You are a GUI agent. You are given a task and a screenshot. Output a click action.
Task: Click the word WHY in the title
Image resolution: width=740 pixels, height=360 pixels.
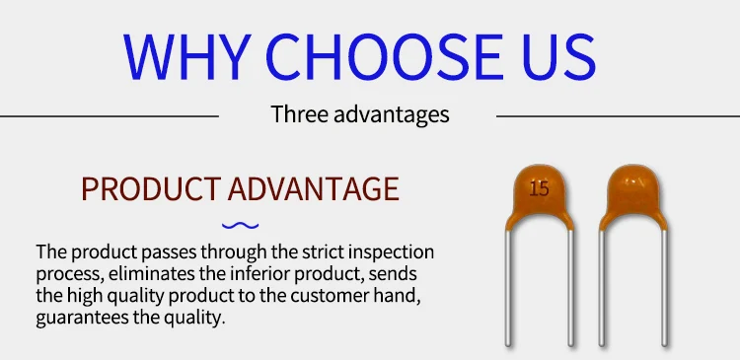click(x=186, y=56)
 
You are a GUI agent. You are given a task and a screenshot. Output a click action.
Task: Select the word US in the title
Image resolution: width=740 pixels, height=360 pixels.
click(x=559, y=57)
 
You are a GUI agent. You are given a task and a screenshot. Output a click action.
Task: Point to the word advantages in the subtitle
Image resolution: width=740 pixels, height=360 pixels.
click(x=392, y=115)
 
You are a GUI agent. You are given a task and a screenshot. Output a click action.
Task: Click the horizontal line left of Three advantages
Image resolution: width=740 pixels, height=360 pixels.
click(x=110, y=116)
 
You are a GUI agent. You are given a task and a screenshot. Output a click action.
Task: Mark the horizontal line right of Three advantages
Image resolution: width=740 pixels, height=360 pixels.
click(x=619, y=116)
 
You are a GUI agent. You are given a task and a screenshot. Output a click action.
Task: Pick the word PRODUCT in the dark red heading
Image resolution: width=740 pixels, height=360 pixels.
click(x=151, y=188)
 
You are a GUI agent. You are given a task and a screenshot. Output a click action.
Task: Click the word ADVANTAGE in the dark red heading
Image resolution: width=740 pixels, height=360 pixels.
click(x=314, y=188)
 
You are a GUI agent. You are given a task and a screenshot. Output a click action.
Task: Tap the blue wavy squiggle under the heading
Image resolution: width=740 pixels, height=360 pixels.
click(x=240, y=226)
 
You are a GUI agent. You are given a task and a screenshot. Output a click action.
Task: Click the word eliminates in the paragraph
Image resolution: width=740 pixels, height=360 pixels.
click(x=154, y=273)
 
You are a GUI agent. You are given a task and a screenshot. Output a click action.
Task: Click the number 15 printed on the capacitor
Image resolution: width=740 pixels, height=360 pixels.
click(x=539, y=189)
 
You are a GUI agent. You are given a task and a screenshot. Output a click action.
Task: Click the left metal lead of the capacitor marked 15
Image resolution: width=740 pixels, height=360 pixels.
click(x=508, y=287)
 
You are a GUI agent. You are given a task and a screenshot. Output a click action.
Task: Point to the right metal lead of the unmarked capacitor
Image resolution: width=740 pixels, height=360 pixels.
click(x=664, y=287)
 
